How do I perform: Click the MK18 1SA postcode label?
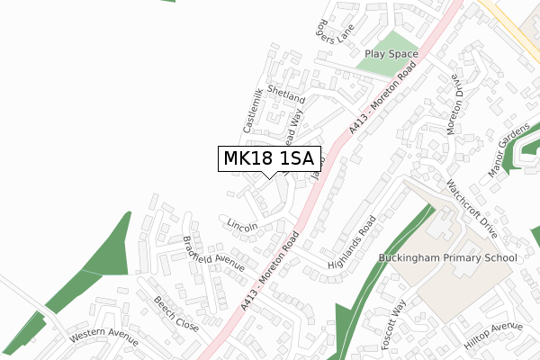(x=267, y=159)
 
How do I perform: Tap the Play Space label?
(x=391, y=54)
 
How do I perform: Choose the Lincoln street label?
(x=242, y=223)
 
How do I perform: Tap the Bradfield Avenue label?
(x=213, y=253)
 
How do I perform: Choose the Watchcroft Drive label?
(x=472, y=208)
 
